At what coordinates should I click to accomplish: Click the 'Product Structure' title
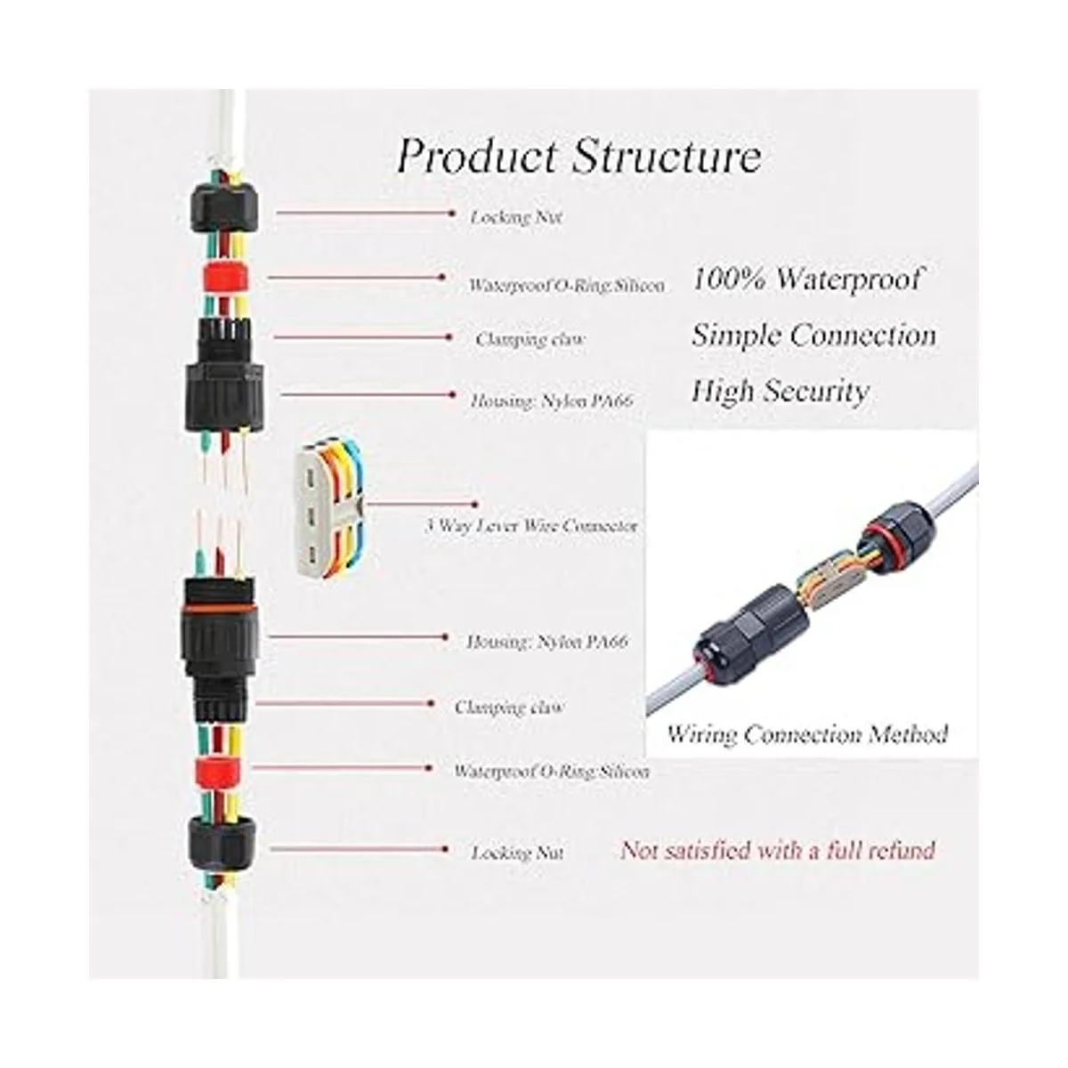(x=578, y=156)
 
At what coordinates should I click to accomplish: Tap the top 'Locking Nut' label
(x=516, y=217)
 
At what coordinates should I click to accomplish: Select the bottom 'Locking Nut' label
(x=517, y=853)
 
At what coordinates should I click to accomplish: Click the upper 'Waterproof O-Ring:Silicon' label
(x=566, y=286)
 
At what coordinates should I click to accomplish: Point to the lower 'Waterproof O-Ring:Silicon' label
(x=551, y=772)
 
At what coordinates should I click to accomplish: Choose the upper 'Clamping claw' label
(x=530, y=339)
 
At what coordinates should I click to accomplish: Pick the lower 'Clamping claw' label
(x=509, y=708)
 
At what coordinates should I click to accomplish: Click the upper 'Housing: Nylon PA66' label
(x=552, y=400)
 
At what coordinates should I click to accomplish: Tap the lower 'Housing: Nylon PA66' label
(x=547, y=641)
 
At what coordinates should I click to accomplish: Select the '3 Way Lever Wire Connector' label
(x=531, y=526)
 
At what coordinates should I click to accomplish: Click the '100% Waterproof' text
(x=806, y=279)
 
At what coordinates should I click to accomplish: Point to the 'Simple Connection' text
(x=813, y=336)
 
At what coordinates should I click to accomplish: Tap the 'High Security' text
(x=780, y=392)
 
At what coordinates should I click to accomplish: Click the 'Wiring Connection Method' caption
(x=807, y=735)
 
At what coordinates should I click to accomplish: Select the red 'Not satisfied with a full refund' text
(x=777, y=850)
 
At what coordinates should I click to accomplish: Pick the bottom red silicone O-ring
(x=216, y=771)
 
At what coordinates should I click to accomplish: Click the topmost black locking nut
(x=223, y=209)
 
